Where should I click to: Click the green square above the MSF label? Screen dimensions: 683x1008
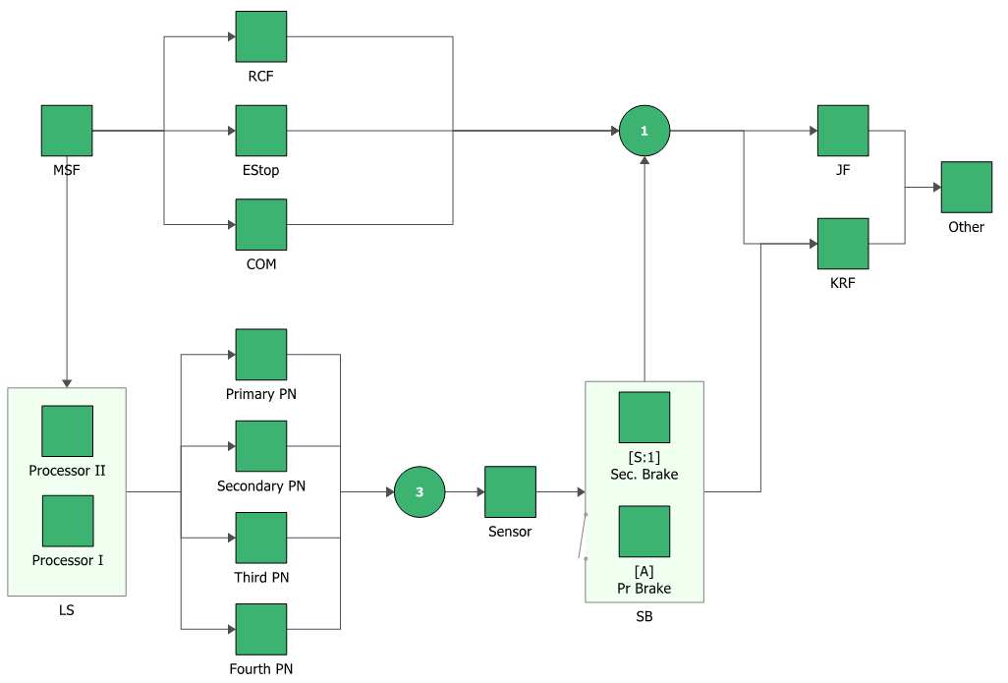coord(67,131)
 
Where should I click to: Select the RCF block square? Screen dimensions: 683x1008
coord(261,37)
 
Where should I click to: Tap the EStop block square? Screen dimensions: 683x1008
coord(261,131)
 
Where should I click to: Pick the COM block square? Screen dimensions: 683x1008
coord(261,224)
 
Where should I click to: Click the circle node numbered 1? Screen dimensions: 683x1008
coord(644,131)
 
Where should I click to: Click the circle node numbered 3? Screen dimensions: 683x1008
coord(420,491)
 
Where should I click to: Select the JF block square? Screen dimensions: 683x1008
coord(843,131)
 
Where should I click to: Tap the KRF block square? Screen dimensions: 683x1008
coord(843,244)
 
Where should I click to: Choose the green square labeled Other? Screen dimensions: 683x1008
coord(966,187)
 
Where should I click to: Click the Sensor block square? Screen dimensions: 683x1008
coord(510,491)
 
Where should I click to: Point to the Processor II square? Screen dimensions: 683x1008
coord(67,430)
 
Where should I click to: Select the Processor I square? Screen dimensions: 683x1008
coord(67,521)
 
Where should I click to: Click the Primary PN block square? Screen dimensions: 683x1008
coord(261,355)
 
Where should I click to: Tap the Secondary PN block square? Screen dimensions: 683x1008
coord(261,446)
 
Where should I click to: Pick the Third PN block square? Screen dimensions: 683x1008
coord(261,538)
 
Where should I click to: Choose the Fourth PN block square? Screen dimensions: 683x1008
coord(261,629)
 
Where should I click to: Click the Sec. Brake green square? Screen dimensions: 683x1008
coord(644,417)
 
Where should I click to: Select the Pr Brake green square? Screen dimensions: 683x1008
coord(644,532)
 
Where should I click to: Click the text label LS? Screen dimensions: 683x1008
coord(67,610)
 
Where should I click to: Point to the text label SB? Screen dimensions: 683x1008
coord(644,617)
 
